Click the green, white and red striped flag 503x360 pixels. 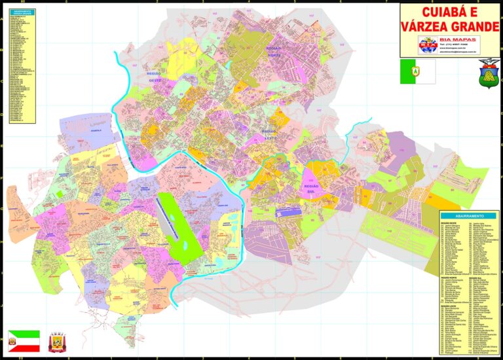pyautogui.click(x=24, y=341)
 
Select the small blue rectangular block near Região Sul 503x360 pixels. pyautogui.click(x=288, y=211)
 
